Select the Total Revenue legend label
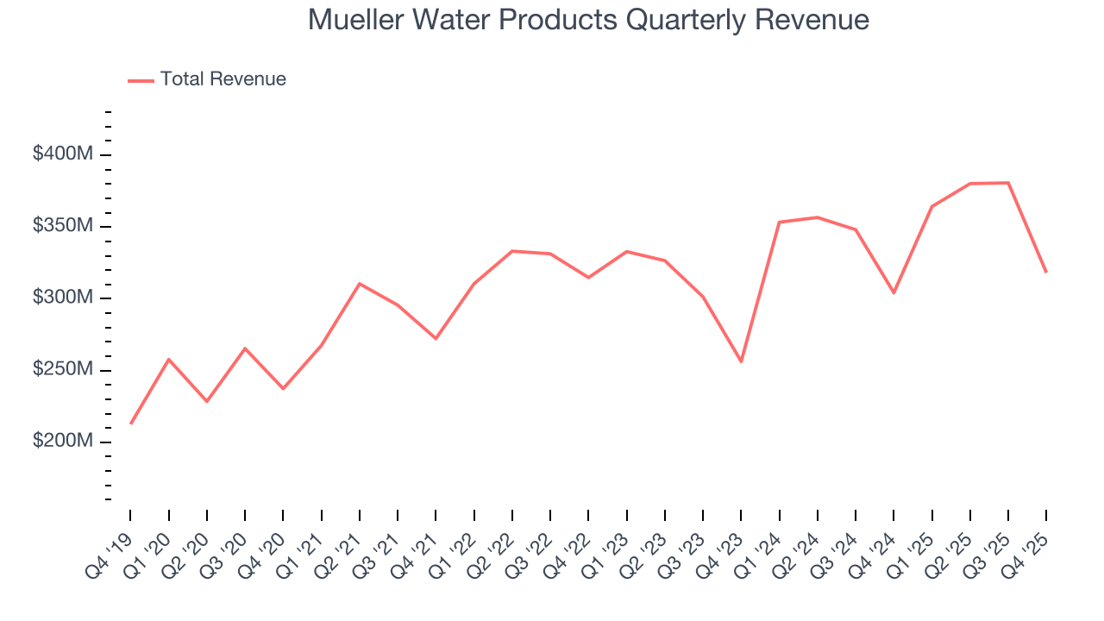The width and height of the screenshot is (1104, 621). [223, 79]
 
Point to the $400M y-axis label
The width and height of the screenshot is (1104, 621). [63, 154]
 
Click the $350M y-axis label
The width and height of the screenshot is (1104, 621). [63, 226]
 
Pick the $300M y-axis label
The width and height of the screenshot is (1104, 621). [63, 298]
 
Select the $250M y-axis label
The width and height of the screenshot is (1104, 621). [63, 370]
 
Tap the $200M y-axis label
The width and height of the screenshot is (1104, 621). [63, 442]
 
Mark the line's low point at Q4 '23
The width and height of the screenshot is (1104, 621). [741, 361]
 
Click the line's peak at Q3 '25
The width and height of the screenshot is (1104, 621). [1008, 183]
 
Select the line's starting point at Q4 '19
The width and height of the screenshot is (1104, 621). [131, 423]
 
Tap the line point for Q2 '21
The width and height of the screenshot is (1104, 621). [360, 283]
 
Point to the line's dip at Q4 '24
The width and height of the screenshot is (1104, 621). [894, 292]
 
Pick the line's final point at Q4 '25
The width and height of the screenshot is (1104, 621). [1046, 273]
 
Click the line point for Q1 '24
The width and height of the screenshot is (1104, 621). [779, 223]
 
